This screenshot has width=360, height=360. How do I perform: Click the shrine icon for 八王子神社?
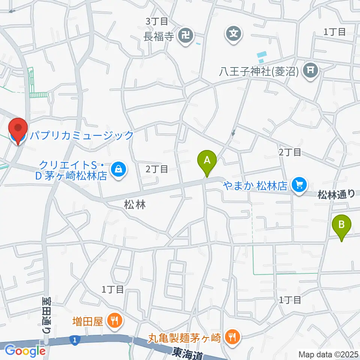(x=311, y=70)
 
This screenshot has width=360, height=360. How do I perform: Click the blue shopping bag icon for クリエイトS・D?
(x=119, y=170)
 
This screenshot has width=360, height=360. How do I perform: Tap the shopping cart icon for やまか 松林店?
(x=299, y=184)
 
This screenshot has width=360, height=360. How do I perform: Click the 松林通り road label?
(x=336, y=194)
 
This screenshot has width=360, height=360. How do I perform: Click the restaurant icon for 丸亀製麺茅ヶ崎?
(x=232, y=336)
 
